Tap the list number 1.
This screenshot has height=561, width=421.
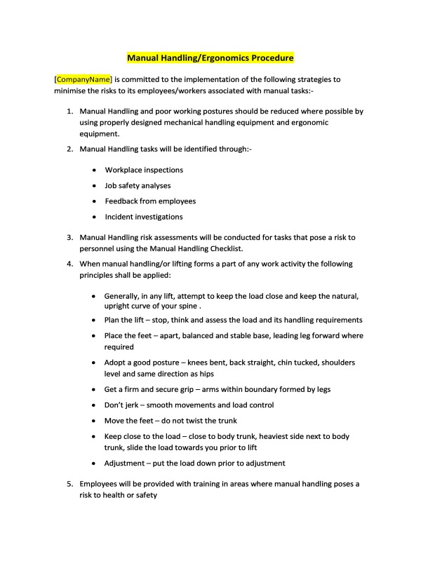[x=69, y=111]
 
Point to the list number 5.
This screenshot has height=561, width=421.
[x=69, y=484]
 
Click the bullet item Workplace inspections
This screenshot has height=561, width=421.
[x=144, y=170]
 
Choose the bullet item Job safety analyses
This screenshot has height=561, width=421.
[x=138, y=186]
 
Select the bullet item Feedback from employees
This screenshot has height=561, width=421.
[x=150, y=201]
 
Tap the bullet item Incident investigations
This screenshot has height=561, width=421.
[x=144, y=217]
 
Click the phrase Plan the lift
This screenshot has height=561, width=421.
[x=125, y=320]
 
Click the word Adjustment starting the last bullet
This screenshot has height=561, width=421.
[x=128, y=464]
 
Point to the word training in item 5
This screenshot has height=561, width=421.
[x=204, y=484]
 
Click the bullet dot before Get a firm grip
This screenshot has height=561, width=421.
[x=95, y=390]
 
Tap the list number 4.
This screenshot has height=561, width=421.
[x=69, y=264]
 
